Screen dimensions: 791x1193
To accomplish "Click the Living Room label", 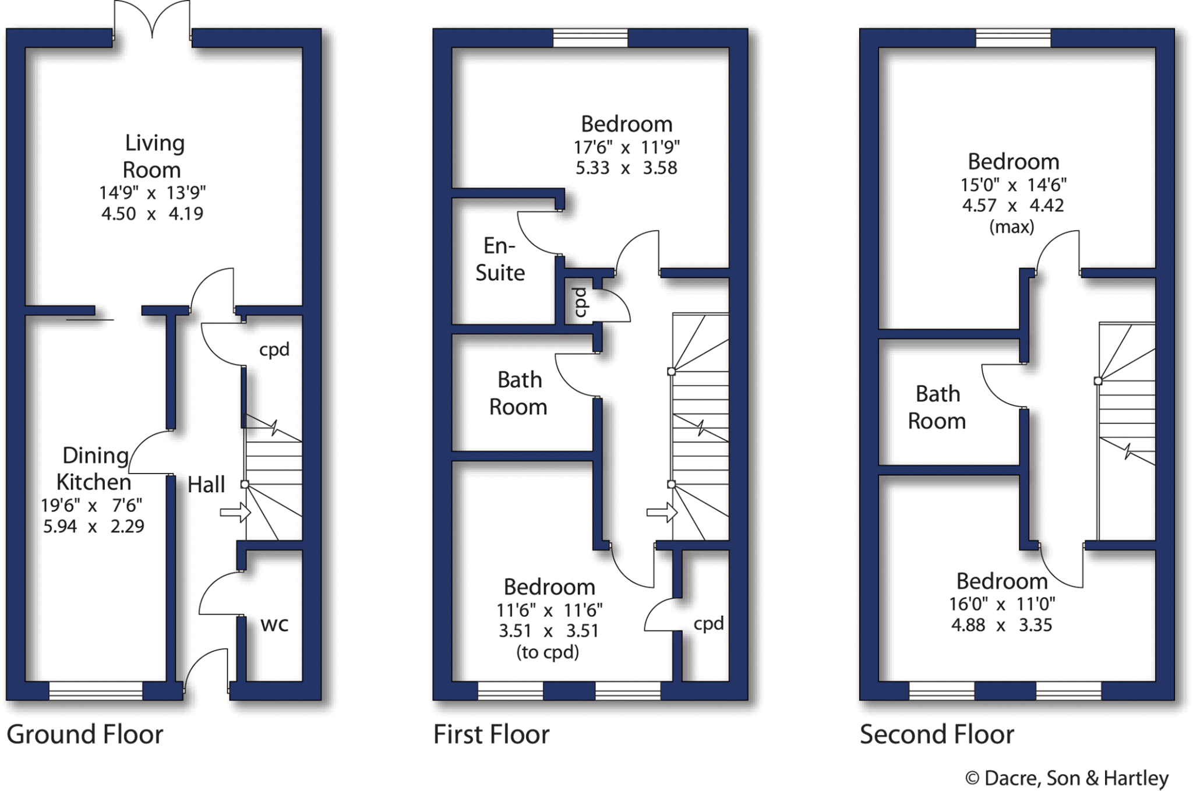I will pos(153,156).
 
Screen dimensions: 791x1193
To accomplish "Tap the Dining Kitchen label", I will pos(94,469).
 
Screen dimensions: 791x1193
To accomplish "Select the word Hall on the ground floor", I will pos(206,485).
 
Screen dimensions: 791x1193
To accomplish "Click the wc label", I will pos(274,624).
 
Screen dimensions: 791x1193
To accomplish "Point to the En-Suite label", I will pos(500,259).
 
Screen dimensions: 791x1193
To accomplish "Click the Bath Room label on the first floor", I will pos(518,393).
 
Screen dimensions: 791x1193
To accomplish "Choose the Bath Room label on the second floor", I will pos(937,407).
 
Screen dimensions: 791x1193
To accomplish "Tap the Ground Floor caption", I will pos(85,734).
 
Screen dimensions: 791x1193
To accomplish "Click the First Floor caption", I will pos(492,734).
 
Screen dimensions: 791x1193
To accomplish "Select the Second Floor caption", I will pos(937,734).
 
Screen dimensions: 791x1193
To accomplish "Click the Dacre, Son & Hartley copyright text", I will pos(1067,778).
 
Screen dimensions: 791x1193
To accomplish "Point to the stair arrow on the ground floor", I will pos(235,513).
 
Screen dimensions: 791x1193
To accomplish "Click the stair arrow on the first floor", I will pos(662,513).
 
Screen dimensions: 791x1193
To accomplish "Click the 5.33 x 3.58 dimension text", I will pos(627,168).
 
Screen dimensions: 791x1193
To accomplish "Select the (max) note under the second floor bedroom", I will pos(1012,227).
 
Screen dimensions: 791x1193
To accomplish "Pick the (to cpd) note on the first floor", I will pos(548,652).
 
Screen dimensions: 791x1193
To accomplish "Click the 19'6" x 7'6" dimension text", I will pos(91,505).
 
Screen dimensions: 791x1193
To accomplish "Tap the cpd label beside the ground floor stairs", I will pos(274,349).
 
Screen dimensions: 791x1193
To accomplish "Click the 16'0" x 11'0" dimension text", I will pos(1002,604).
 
